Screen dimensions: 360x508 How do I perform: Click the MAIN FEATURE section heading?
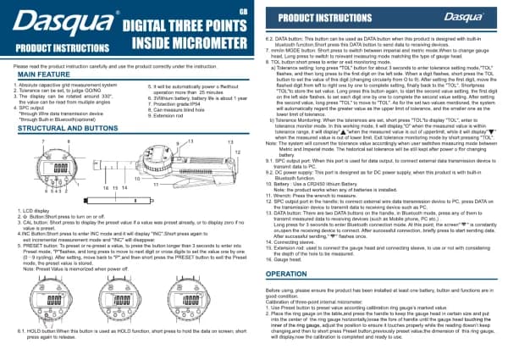tap(43, 75)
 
